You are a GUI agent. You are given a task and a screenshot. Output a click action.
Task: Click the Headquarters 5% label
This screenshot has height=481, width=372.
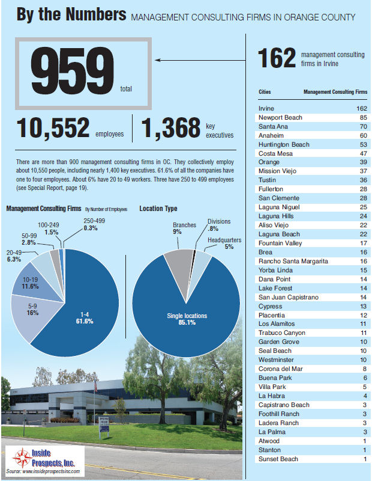click(x=224, y=243)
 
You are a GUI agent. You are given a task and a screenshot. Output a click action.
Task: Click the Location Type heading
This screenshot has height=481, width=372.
click(x=158, y=209)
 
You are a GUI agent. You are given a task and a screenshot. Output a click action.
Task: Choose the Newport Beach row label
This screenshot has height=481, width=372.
click(x=280, y=117)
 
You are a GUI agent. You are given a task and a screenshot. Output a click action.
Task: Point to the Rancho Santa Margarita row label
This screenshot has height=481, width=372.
click(x=293, y=261)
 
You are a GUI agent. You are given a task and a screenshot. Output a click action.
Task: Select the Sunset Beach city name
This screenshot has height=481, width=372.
click(x=277, y=459)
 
